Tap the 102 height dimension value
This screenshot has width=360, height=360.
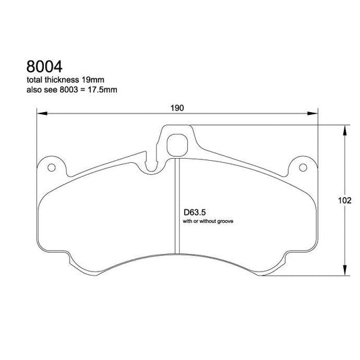click(344, 201)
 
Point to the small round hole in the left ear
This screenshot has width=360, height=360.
click(49, 167)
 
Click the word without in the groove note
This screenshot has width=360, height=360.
click(207, 221)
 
